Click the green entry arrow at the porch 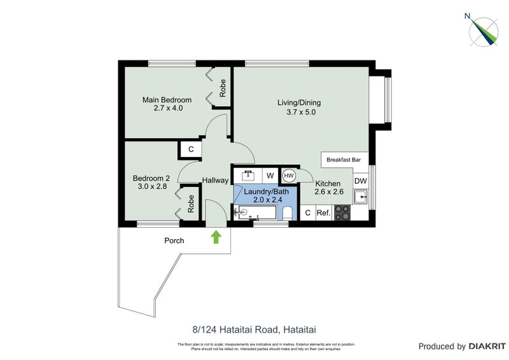point(216,237)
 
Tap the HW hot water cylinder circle point(288,175)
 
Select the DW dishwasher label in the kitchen point(360,181)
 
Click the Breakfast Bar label point(344,160)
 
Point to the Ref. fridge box point(323,213)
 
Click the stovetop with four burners point(342,212)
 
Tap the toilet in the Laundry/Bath point(287,213)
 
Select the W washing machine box point(270,175)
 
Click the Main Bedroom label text point(167,100)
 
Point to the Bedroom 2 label point(151,178)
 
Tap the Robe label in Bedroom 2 point(191,203)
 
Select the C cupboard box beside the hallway point(190,150)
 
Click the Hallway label point(215,181)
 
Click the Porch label point(174,240)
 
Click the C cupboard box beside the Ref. point(307,213)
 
